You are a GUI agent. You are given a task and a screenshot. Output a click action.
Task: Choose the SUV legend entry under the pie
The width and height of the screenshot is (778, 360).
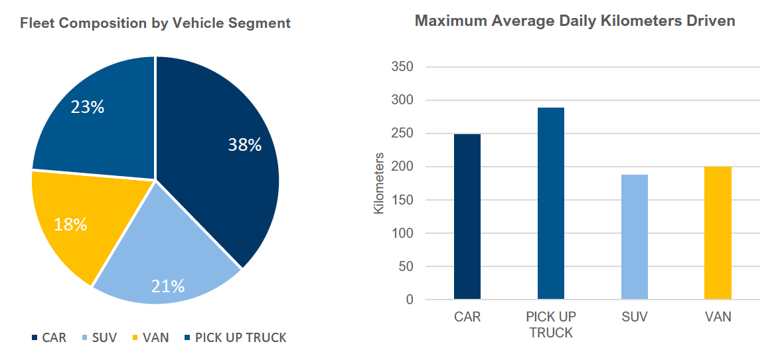(99, 337)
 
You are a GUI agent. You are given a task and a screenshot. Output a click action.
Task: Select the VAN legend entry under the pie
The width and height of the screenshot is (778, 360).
(150, 337)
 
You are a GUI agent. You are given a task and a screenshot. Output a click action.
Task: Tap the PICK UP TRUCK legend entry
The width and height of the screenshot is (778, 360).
(235, 337)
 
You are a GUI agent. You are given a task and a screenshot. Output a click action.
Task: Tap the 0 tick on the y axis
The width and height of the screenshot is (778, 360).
(408, 300)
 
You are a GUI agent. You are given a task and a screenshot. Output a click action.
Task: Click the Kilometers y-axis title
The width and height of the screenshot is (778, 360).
(379, 183)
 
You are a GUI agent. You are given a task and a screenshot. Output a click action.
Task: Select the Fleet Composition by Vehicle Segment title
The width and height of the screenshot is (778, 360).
(155, 23)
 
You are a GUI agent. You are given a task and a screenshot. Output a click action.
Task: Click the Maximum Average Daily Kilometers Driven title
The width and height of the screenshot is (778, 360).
(575, 21)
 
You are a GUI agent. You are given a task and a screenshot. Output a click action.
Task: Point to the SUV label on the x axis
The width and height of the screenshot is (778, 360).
(634, 317)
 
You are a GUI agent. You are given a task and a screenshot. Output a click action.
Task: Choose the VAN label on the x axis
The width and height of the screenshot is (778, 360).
(718, 317)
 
